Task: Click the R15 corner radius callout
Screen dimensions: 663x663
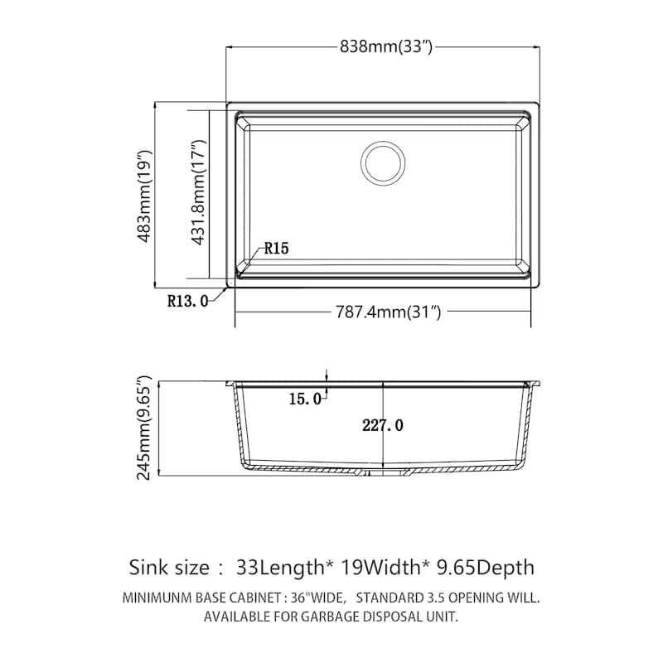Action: point(276,249)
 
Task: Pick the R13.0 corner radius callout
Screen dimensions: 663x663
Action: point(186,301)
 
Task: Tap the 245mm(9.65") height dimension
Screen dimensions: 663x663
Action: point(146,428)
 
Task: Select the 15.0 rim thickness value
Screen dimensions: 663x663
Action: point(304,399)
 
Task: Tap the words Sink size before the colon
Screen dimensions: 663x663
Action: point(169,568)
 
